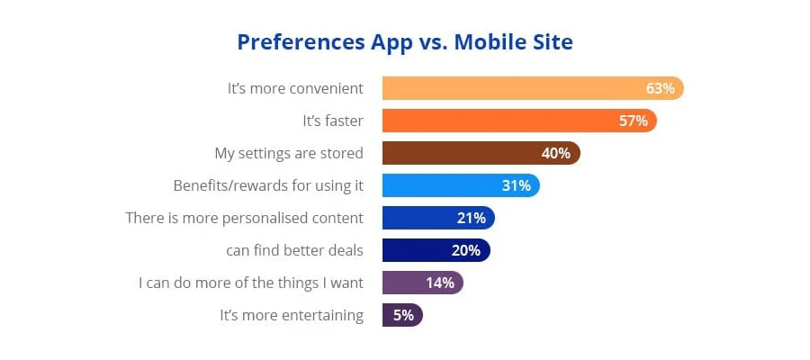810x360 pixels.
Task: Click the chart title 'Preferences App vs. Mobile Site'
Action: click(405, 42)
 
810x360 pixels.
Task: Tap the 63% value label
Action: click(660, 88)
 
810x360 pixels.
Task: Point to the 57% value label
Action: click(633, 121)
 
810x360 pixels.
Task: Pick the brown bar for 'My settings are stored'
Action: click(459, 153)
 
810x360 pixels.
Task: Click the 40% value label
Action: click(555, 153)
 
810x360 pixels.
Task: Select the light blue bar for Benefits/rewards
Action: click(441, 185)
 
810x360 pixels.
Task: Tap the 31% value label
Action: click(516, 185)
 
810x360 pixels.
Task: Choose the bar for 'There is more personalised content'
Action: click(414, 218)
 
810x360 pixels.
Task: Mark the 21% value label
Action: click(471, 218)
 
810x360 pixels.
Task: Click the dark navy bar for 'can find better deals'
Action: click(414, 250)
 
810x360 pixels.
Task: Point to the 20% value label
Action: click(465, 250)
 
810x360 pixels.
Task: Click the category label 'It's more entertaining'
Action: click(292, 315)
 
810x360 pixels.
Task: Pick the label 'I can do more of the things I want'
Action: click(251, 283)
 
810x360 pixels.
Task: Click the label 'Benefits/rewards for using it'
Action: click(268, 185)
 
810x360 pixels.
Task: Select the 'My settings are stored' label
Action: click(289, 153)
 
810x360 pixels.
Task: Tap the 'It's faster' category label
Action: click(332, 121)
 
